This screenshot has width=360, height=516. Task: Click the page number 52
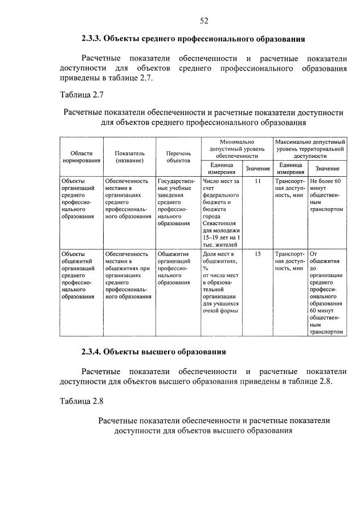coord(204,21)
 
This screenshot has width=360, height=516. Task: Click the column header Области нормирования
coord(81,157)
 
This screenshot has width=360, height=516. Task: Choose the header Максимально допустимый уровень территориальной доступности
coord(310,148)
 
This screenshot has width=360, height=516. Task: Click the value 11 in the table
coord(257,181)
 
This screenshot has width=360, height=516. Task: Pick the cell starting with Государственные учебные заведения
coord(177,202)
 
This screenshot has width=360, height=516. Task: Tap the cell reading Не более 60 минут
coord(326,194)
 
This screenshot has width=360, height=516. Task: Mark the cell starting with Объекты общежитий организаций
coord(81,275)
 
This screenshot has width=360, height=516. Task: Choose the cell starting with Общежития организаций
coord(177,268)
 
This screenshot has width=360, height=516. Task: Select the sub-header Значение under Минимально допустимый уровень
coord(257,169)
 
